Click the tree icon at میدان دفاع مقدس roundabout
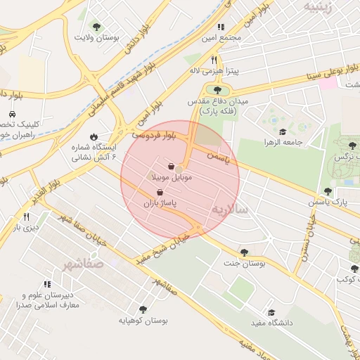click(216, 89)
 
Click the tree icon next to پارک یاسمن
click(328, 191)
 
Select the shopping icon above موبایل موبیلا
click(172, 167)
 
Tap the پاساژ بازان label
click(160, 202)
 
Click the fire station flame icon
click(94, 137)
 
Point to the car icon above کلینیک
click(12, 115)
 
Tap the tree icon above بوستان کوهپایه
click(143, 309)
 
